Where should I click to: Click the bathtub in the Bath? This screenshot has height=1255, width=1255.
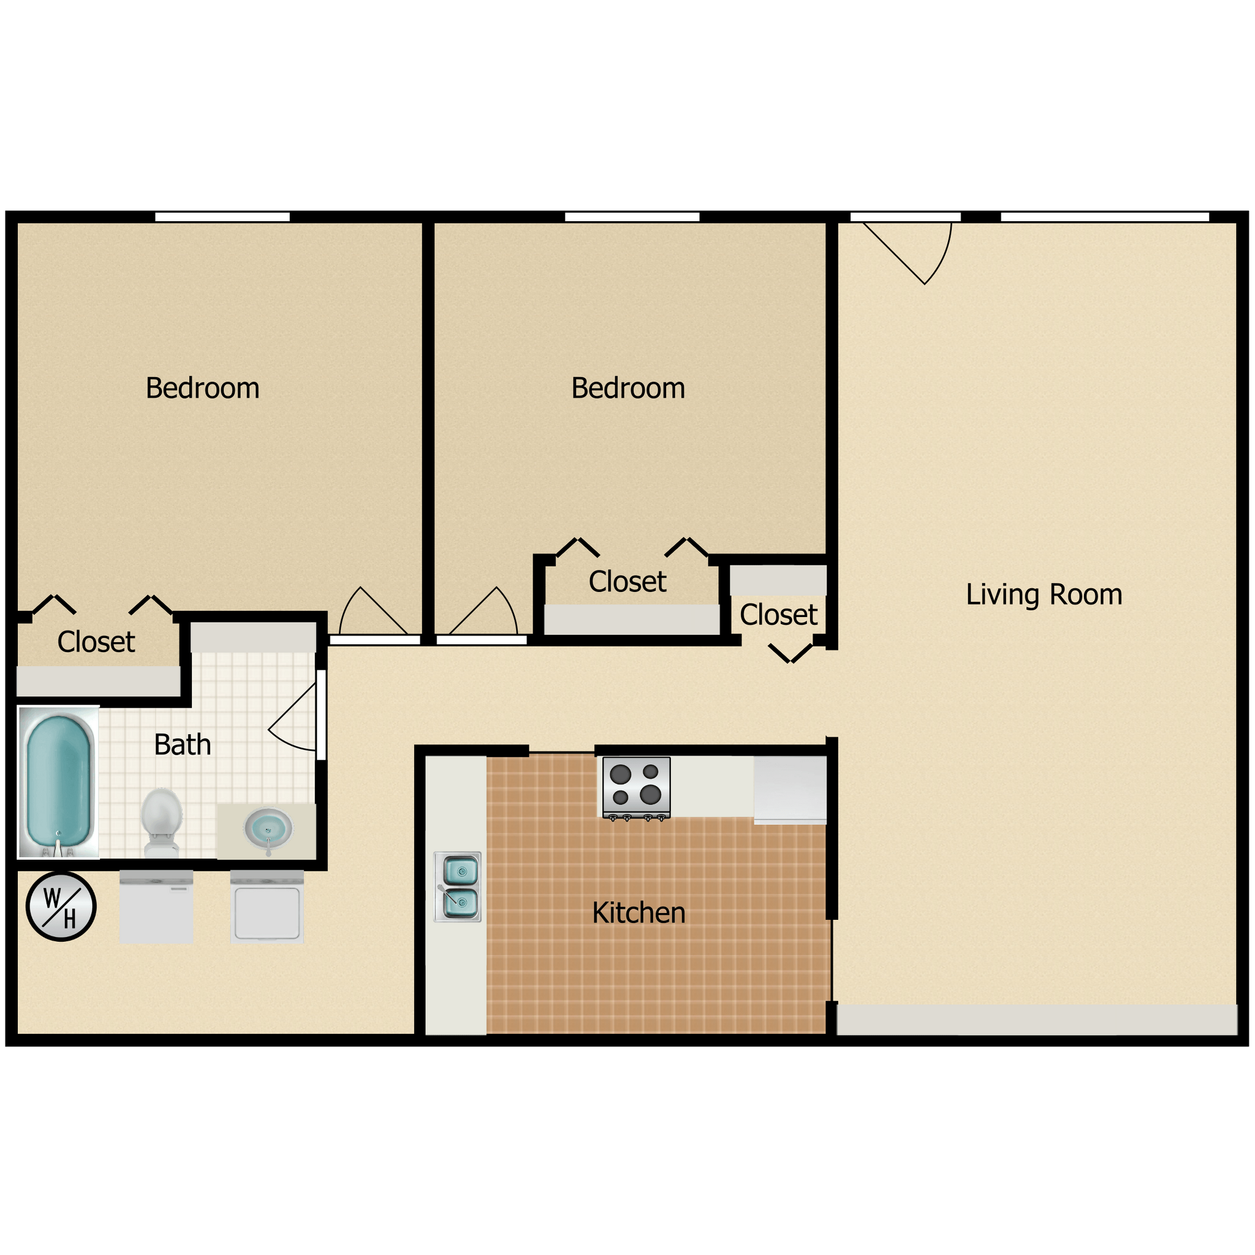tap(58, 782)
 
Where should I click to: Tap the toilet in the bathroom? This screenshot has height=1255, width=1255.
tap(161, 821)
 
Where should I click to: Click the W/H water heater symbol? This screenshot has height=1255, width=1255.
tap(61, 907)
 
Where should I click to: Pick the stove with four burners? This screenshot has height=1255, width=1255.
tap(636, 787)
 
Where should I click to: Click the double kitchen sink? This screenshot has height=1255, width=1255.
tap(458, 887)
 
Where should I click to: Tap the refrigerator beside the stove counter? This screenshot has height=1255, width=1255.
tap(790, 789)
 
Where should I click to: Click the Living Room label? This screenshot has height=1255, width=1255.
tap(1043, 595)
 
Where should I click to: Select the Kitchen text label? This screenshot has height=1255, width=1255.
tap(639, 913)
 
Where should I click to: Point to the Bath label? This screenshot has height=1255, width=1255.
tap(183, 745)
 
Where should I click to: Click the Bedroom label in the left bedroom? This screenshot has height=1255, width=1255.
tap(202, 389)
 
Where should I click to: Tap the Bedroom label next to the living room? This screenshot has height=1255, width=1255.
tap(627, 389)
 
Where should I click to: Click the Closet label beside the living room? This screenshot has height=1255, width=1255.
tap(778, 615)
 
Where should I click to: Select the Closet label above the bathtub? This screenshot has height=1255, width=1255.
tap(96, 642)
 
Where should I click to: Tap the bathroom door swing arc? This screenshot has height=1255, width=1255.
tap(292, 718)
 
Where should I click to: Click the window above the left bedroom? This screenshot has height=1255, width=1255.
tap(222, 217)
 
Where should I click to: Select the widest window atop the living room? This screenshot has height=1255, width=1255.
tap(1104, 217)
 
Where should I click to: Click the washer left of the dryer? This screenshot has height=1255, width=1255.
tap(156, 907)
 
